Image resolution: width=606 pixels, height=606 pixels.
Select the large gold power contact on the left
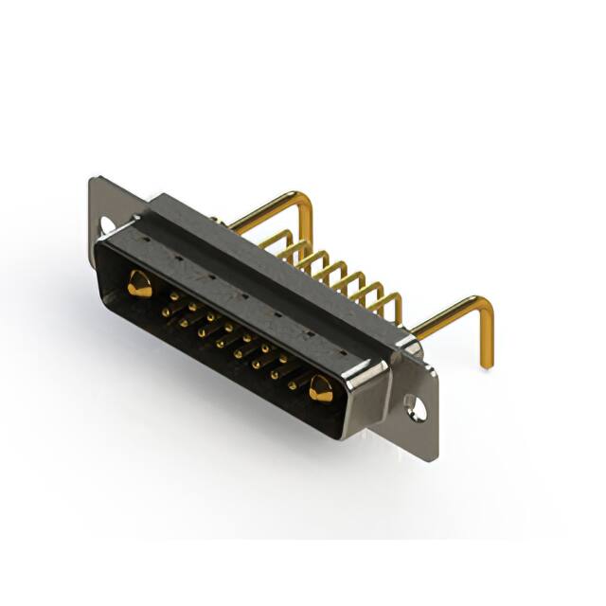click(137, 282)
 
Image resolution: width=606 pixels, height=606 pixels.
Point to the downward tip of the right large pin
click(487, 364)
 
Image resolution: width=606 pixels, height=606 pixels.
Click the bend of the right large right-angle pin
click(483, 306)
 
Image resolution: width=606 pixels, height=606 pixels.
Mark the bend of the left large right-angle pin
click(305, 198)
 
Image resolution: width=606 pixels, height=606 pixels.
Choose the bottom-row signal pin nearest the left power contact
click(164, 311)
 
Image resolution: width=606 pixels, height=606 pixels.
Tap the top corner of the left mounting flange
click(93, 179)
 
